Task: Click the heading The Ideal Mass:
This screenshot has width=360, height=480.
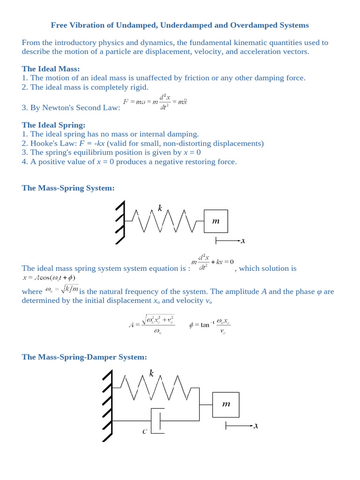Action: tap(51, 69)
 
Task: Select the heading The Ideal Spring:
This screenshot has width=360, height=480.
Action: tap(53, 125)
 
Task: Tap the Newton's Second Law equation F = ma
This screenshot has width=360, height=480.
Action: tap(155, 102)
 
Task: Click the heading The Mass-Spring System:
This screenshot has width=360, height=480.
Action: tap(68, 188)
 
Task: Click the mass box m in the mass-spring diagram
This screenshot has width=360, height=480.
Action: tap(216, 221)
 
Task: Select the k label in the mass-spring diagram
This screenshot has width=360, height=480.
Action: tap(160, 208)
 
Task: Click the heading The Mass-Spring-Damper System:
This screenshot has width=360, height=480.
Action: tap(84, 357)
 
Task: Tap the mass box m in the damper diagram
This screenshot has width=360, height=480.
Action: tap(226, 405)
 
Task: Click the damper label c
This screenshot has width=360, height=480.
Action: tap(145, 431)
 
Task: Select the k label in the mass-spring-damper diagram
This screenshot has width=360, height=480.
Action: tap(151, 373)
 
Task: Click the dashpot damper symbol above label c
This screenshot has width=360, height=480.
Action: tap(157, 420)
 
